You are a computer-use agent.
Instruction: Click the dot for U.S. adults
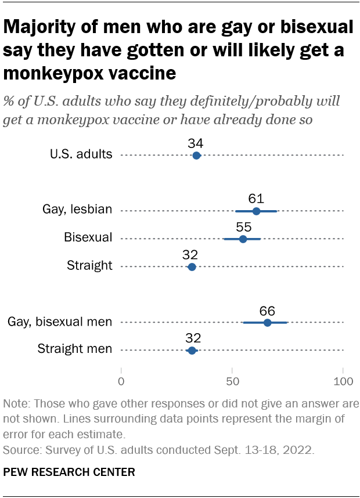[196, 156]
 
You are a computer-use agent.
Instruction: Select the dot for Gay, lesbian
[256, 211]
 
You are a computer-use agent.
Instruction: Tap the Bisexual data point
[243, 239]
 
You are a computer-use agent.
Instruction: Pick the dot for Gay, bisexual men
[267, 323]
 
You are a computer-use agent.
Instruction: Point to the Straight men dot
[192, 351]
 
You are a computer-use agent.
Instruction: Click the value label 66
[267, 310]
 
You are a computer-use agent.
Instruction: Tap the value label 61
[256, 198]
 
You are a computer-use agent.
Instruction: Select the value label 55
[243, 226]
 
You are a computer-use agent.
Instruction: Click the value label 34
[196, 143]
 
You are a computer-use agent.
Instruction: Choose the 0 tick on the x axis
[121, 381]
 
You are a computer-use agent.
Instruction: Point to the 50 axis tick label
[232, 381]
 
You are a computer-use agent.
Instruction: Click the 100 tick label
[343, 381]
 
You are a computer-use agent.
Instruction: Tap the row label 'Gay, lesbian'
[77, 210]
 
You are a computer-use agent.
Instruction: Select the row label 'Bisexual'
[88, 237]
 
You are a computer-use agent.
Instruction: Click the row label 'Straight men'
[75, 349]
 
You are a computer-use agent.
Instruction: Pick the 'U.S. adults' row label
[81, 154]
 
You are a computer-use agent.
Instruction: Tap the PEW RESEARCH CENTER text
[69, 472]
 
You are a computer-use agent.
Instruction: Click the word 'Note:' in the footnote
[17, 404]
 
